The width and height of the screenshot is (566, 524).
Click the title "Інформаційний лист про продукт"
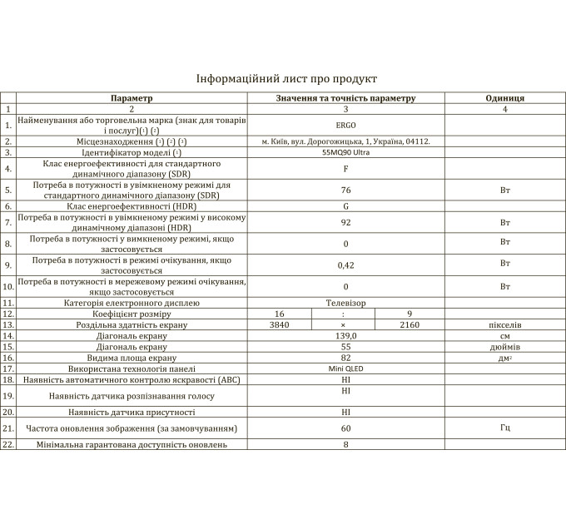click(285, 78)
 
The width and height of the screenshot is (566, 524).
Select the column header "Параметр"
click(132, 98)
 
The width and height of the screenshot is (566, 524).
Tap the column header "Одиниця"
click(504, 98)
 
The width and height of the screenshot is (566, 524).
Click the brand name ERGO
click(345, 125)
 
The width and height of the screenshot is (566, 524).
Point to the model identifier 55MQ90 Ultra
click(345, 153)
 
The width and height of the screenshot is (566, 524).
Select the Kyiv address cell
click(345, 141)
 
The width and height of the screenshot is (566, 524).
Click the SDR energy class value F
click(345, 169)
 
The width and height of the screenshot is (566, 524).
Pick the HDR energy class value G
click(345, 205)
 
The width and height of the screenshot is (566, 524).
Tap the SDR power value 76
click(345, 190)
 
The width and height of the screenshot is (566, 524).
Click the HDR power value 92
click(345, 223)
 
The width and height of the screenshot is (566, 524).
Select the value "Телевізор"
click(345, 303)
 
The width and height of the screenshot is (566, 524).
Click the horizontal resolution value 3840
click(280, 324)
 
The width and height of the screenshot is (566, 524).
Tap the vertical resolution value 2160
click(410, 324)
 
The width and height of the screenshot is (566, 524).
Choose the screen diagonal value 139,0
click(345, 335)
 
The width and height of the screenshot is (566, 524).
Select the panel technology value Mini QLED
click(345, 368)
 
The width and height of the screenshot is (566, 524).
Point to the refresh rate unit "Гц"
click(504, 428)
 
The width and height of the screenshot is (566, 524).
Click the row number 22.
click(8, 445)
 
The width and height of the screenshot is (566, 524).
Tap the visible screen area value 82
click(345, 357)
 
